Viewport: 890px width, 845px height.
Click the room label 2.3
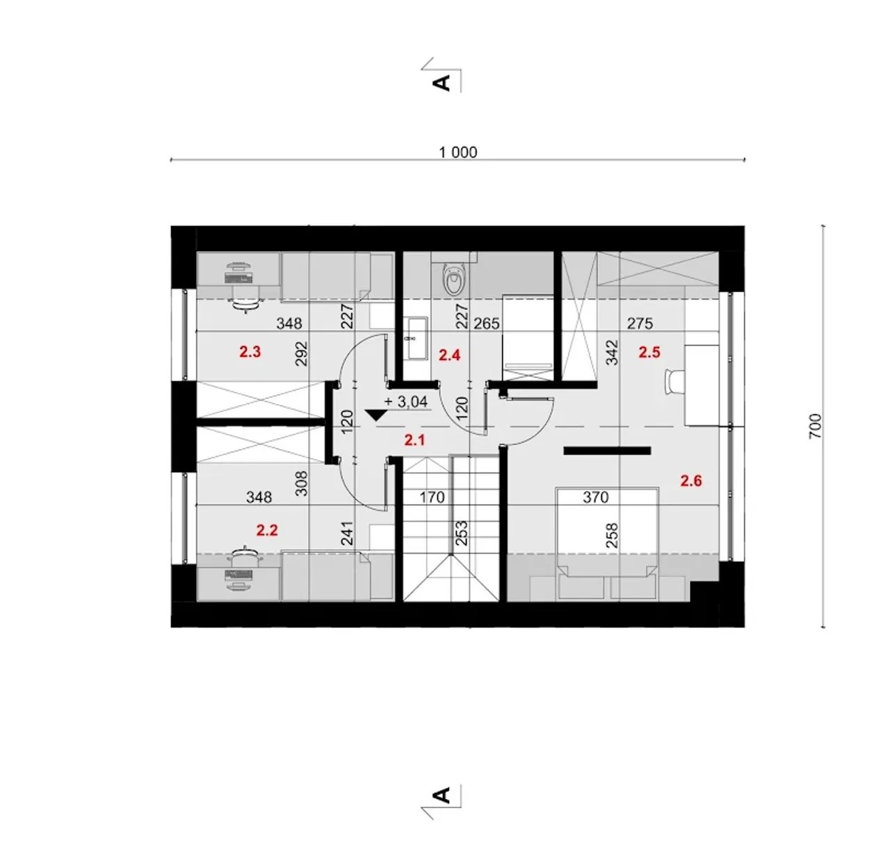click(x=250, y=352)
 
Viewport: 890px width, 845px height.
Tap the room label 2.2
click(x=266, y=530)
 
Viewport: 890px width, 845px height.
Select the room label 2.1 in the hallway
click(x=414, y=440)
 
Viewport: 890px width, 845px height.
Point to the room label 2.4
click(x=450, y=355)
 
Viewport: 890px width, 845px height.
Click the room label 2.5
click(x=649, y=352)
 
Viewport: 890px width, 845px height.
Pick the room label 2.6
click(x=691, y=481)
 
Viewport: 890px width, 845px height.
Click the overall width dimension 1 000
click(x=458, y=152)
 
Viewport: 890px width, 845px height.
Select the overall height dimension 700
click(x=814, y=426)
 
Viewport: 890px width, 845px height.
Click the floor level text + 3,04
click(x=405, y=402)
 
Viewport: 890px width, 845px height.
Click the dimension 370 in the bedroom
click(x=596, y=498)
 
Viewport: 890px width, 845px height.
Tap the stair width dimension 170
click(x=432, y=498)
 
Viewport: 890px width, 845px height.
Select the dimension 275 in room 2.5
click(x=640, y=323)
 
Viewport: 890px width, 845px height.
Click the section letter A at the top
click(x=442, y=83)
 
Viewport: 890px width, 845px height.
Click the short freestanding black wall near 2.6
click(x=607, y=451)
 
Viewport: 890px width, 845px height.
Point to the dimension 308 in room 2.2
click(x=302, y=483)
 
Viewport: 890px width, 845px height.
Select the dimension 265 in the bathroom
click(x=487, y=323)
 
